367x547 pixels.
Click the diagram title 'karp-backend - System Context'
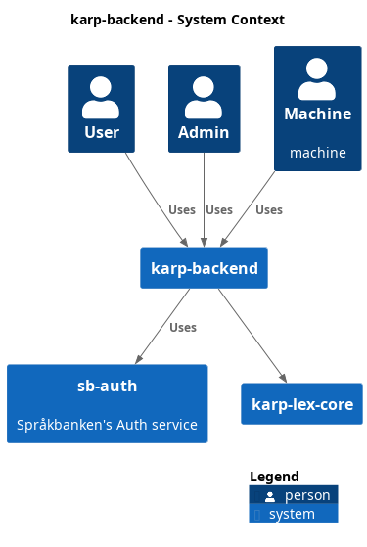coord(178,20)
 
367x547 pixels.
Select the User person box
coord(101,109)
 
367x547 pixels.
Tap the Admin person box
coord(204,109)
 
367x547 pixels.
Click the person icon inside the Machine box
coord(317,79)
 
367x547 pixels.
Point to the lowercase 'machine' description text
coord(317,153)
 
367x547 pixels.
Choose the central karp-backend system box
coord(204,268)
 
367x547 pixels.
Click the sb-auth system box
coord(107,404)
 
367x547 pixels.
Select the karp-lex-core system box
coord(301,404)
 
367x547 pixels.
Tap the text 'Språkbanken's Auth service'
coord(107,425)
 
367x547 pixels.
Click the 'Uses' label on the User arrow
coord(182,210)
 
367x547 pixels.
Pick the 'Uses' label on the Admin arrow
coord(219,210)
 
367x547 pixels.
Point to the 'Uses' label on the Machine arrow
coord(269,210)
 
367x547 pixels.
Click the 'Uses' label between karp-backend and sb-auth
coord(183,328)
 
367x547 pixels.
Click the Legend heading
coord(274,477)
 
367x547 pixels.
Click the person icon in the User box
coord(101,97)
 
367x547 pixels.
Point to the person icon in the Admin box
coord(204,97)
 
